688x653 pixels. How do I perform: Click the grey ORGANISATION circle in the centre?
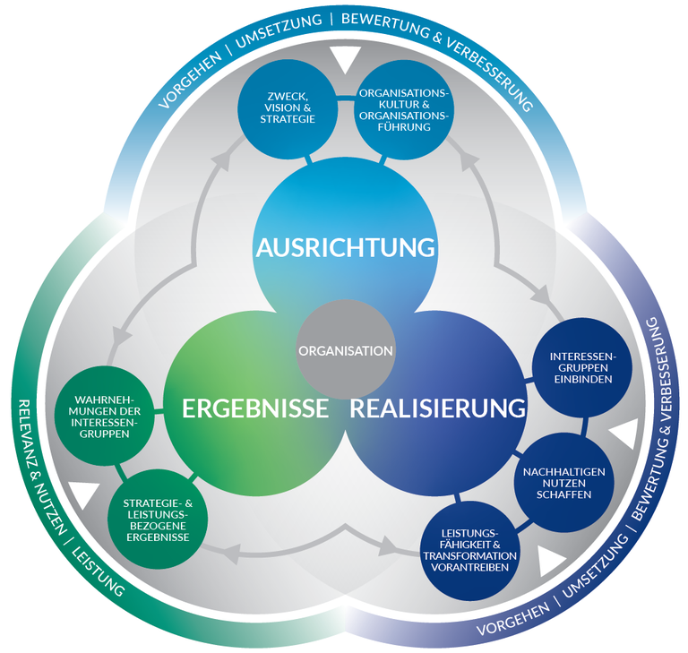(x=345, y=350)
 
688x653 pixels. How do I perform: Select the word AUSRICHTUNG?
(x=345, y=246)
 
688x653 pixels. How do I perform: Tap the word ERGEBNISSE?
(x=255, y=409)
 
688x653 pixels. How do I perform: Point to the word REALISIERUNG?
(x=436, y=409)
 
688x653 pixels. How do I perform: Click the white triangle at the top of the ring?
(x=343, y=60)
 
